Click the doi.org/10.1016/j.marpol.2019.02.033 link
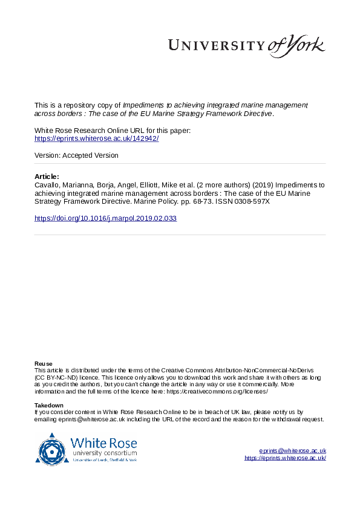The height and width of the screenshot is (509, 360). (x=105, y=218)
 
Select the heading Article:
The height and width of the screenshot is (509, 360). (x=47, y=176)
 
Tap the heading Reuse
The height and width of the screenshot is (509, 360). (x=44, y=363)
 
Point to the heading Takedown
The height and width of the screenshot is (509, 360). (x=49, y=405)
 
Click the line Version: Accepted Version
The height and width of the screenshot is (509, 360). (x=76, y=155)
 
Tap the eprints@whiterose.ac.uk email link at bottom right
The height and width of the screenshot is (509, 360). (x=293, y=451)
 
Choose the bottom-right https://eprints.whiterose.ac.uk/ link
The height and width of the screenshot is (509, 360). (x=286, y=458)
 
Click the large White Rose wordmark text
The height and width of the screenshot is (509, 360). (x=103, y=443)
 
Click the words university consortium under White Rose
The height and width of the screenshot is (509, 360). (x=103, y=453)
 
